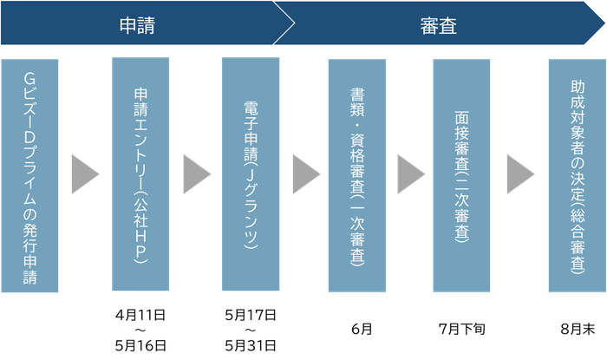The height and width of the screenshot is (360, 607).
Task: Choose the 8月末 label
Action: coord(576,330)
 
